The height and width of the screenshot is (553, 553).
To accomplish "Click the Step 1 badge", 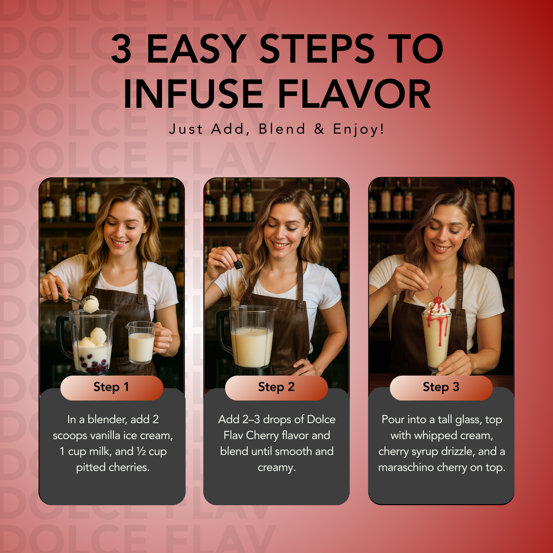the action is click(x=112, y=387).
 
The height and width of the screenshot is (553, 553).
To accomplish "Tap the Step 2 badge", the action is click(x=276, y=387).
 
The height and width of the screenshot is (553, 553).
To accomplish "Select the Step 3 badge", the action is click(x=441, y=387).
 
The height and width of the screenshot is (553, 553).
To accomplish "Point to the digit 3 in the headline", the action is click(x=121, y=48).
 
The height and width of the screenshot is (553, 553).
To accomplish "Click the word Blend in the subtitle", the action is click(x=282, y=129).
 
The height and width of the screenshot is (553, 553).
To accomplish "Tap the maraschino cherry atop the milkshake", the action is click(x=437, y=300).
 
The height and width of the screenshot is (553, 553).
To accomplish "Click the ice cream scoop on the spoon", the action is click(x=91, y=304).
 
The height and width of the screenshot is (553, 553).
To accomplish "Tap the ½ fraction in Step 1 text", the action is click(x=142, y=451).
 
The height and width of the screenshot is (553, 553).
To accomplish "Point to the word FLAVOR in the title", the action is click(x=354, y=94).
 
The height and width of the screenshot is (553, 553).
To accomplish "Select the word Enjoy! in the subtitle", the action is click(x=358, y=129).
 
